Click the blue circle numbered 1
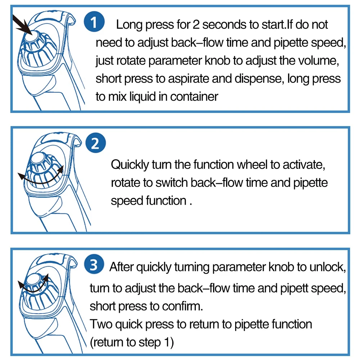[94, 22]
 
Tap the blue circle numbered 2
[95, 143]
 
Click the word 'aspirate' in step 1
[188, 79]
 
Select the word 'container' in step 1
[194, 96]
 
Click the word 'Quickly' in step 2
[130, 165]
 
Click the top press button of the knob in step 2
[38, 158]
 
